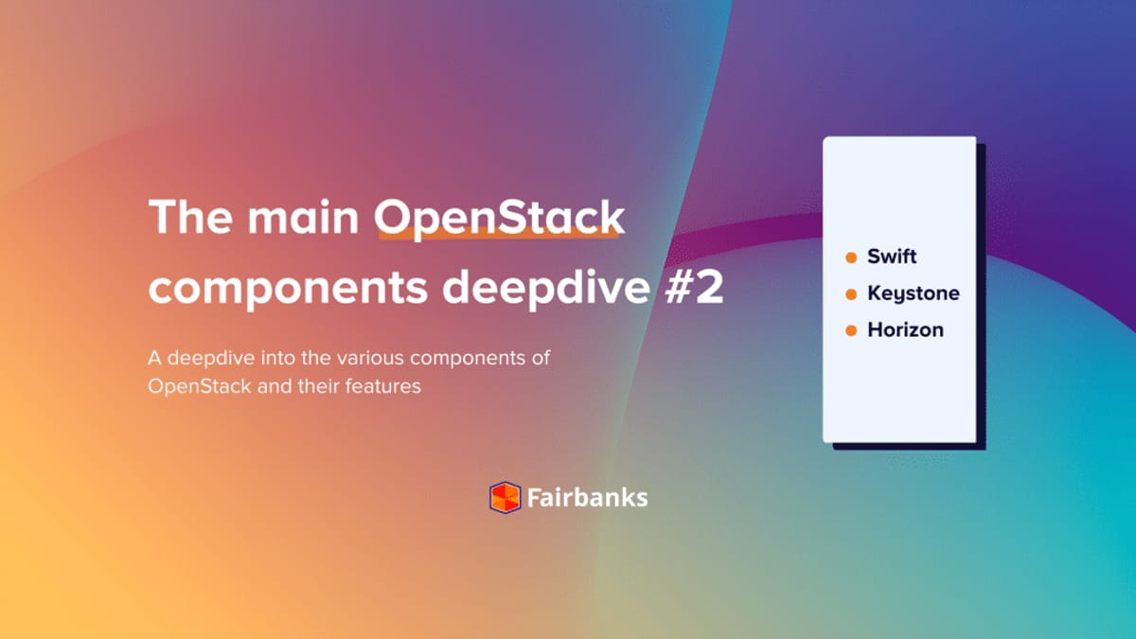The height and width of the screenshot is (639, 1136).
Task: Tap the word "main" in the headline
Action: pyautogui.click(x=301, y=219)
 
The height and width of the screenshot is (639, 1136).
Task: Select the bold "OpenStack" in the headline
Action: pyautogui.click(x=500, y=219)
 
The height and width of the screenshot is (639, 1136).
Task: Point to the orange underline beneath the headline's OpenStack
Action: pyautogui.click(x=500, y=237)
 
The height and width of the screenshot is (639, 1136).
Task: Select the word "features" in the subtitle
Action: pyautogui.click(x=383, y=387)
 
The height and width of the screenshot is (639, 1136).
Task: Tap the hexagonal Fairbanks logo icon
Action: pyautogui.click(x=505, y=497)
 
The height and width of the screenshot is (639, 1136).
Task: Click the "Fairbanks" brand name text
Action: pyautogui.click(x=587, y=497)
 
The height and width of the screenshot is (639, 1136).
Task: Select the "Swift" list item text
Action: pyautogui.click(x=892, y=257)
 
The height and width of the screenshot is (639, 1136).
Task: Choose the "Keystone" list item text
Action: pyautogui.click(x=913, y=294)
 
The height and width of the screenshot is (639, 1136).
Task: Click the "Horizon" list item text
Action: pyautogui.click(x=905, y=330)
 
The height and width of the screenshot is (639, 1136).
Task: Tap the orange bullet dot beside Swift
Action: pyautogui.click(x=850, y=257)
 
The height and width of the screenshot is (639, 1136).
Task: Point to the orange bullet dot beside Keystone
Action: pyautogui.click(x=850, y=294)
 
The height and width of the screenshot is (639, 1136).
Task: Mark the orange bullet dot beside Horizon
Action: pyautogui.click(x=850, y=330)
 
